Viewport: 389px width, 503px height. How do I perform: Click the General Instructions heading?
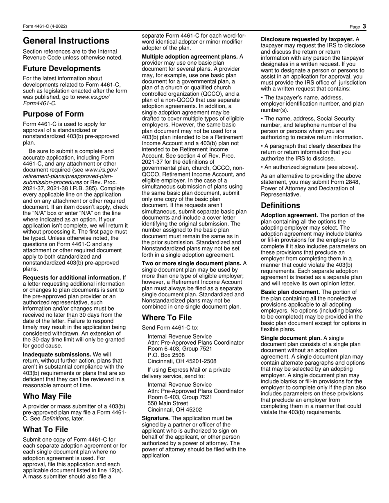click(x=66, y=41)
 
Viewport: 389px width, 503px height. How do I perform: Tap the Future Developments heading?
click(x=61, y=68)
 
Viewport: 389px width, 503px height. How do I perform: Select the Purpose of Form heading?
click(x=53, y=114)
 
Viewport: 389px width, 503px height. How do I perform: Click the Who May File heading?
click(x=47, y=396)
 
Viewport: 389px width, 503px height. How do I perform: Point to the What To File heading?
click(x=45, y=429)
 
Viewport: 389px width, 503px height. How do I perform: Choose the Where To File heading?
click(x=167, y=318)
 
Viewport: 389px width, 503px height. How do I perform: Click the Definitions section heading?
click(x=280, y=205)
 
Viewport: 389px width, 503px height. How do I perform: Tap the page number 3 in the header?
click(x=364, y=27)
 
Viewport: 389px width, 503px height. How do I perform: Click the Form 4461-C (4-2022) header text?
click(x=45, y=27)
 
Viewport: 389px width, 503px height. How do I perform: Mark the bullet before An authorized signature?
click(x=262, y=167)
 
